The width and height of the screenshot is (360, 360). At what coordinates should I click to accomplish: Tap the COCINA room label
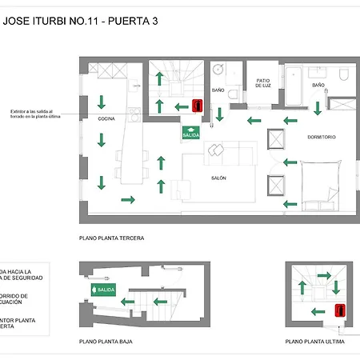click(x=106, y=118)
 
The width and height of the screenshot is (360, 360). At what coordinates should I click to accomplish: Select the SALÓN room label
click(x=218, y=178)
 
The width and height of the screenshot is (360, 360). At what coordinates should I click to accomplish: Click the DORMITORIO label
click(x=322, y=137)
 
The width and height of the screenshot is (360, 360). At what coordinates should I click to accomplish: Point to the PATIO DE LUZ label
click(x=265, y=83)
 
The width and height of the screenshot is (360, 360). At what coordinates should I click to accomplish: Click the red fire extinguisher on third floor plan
click(x=197, y=106)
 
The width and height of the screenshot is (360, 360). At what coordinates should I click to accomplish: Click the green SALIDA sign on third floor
click(x=190, y=133)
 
